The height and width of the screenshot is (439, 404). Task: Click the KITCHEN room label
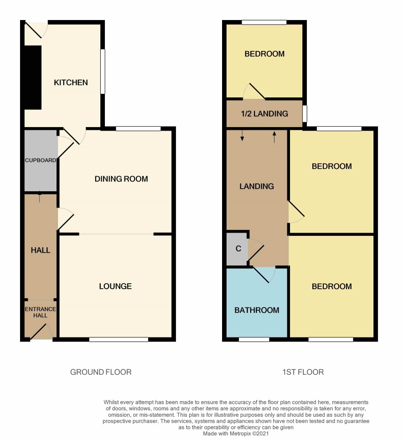pyautogui.click(x=71, y=82)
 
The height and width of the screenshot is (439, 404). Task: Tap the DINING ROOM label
pyautogui.click(x=121, y=179)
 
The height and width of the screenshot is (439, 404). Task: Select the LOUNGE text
pyautogui.click(x=115, y=286)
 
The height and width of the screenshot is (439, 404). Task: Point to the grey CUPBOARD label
pyautogui.click(x=41, y=160)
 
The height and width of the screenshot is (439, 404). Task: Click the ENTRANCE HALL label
pyautogui.click(x=41, y=312)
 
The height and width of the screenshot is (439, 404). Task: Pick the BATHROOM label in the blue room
pyautogui.click(x=257, y=310)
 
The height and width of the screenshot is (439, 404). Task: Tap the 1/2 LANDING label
pyautogui.click(x=264, y=114)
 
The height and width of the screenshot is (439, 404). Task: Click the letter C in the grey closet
pyautogui.click(x=238, y=249)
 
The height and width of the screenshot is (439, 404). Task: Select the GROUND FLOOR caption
pyautogui.click(x=101, y=372)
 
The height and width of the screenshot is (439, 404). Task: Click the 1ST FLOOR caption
pyautogui.click(x=303, y=372)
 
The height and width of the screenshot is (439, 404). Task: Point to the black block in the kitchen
pyautogui.click(x=33, y=77)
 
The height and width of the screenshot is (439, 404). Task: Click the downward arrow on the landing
pyautogui.click(x=242, y=135)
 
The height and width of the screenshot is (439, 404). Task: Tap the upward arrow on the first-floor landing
pyautogui.click(x=274, y=137)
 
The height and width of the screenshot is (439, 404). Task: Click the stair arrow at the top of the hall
pyautogui.click(x=40, y=197)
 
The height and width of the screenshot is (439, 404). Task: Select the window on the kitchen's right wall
pyautogui.click(x=103, y=71)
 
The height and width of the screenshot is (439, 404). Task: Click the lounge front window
pyautogui.click(x=119, y=340)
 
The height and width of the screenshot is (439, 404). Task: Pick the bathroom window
pyautogui.click(x=254, y=340)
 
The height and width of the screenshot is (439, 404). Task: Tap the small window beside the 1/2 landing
pyautogui.click(x=305, y=114)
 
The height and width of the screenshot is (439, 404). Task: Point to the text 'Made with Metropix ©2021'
pyautogui.click(x=236, y=434)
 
